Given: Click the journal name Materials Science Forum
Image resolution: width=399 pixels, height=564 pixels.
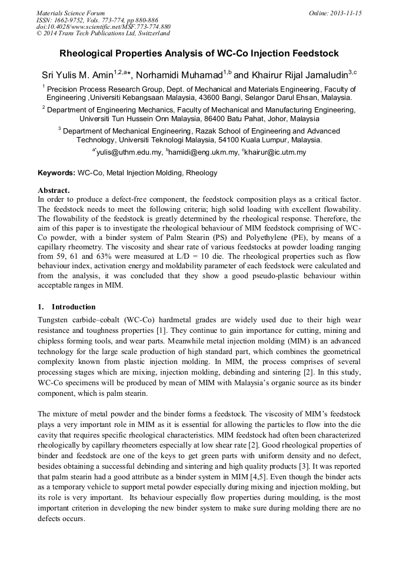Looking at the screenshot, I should coord(71,13).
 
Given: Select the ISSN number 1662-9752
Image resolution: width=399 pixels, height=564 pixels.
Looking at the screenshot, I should coord(72,20).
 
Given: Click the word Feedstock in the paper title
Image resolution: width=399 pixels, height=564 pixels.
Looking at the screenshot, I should coord(317,54).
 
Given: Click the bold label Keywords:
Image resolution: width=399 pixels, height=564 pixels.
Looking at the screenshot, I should coord(56,173).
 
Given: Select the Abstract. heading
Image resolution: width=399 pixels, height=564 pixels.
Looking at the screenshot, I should coord(54,191).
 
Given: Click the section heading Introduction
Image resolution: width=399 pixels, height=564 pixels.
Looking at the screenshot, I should coord(74,307).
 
